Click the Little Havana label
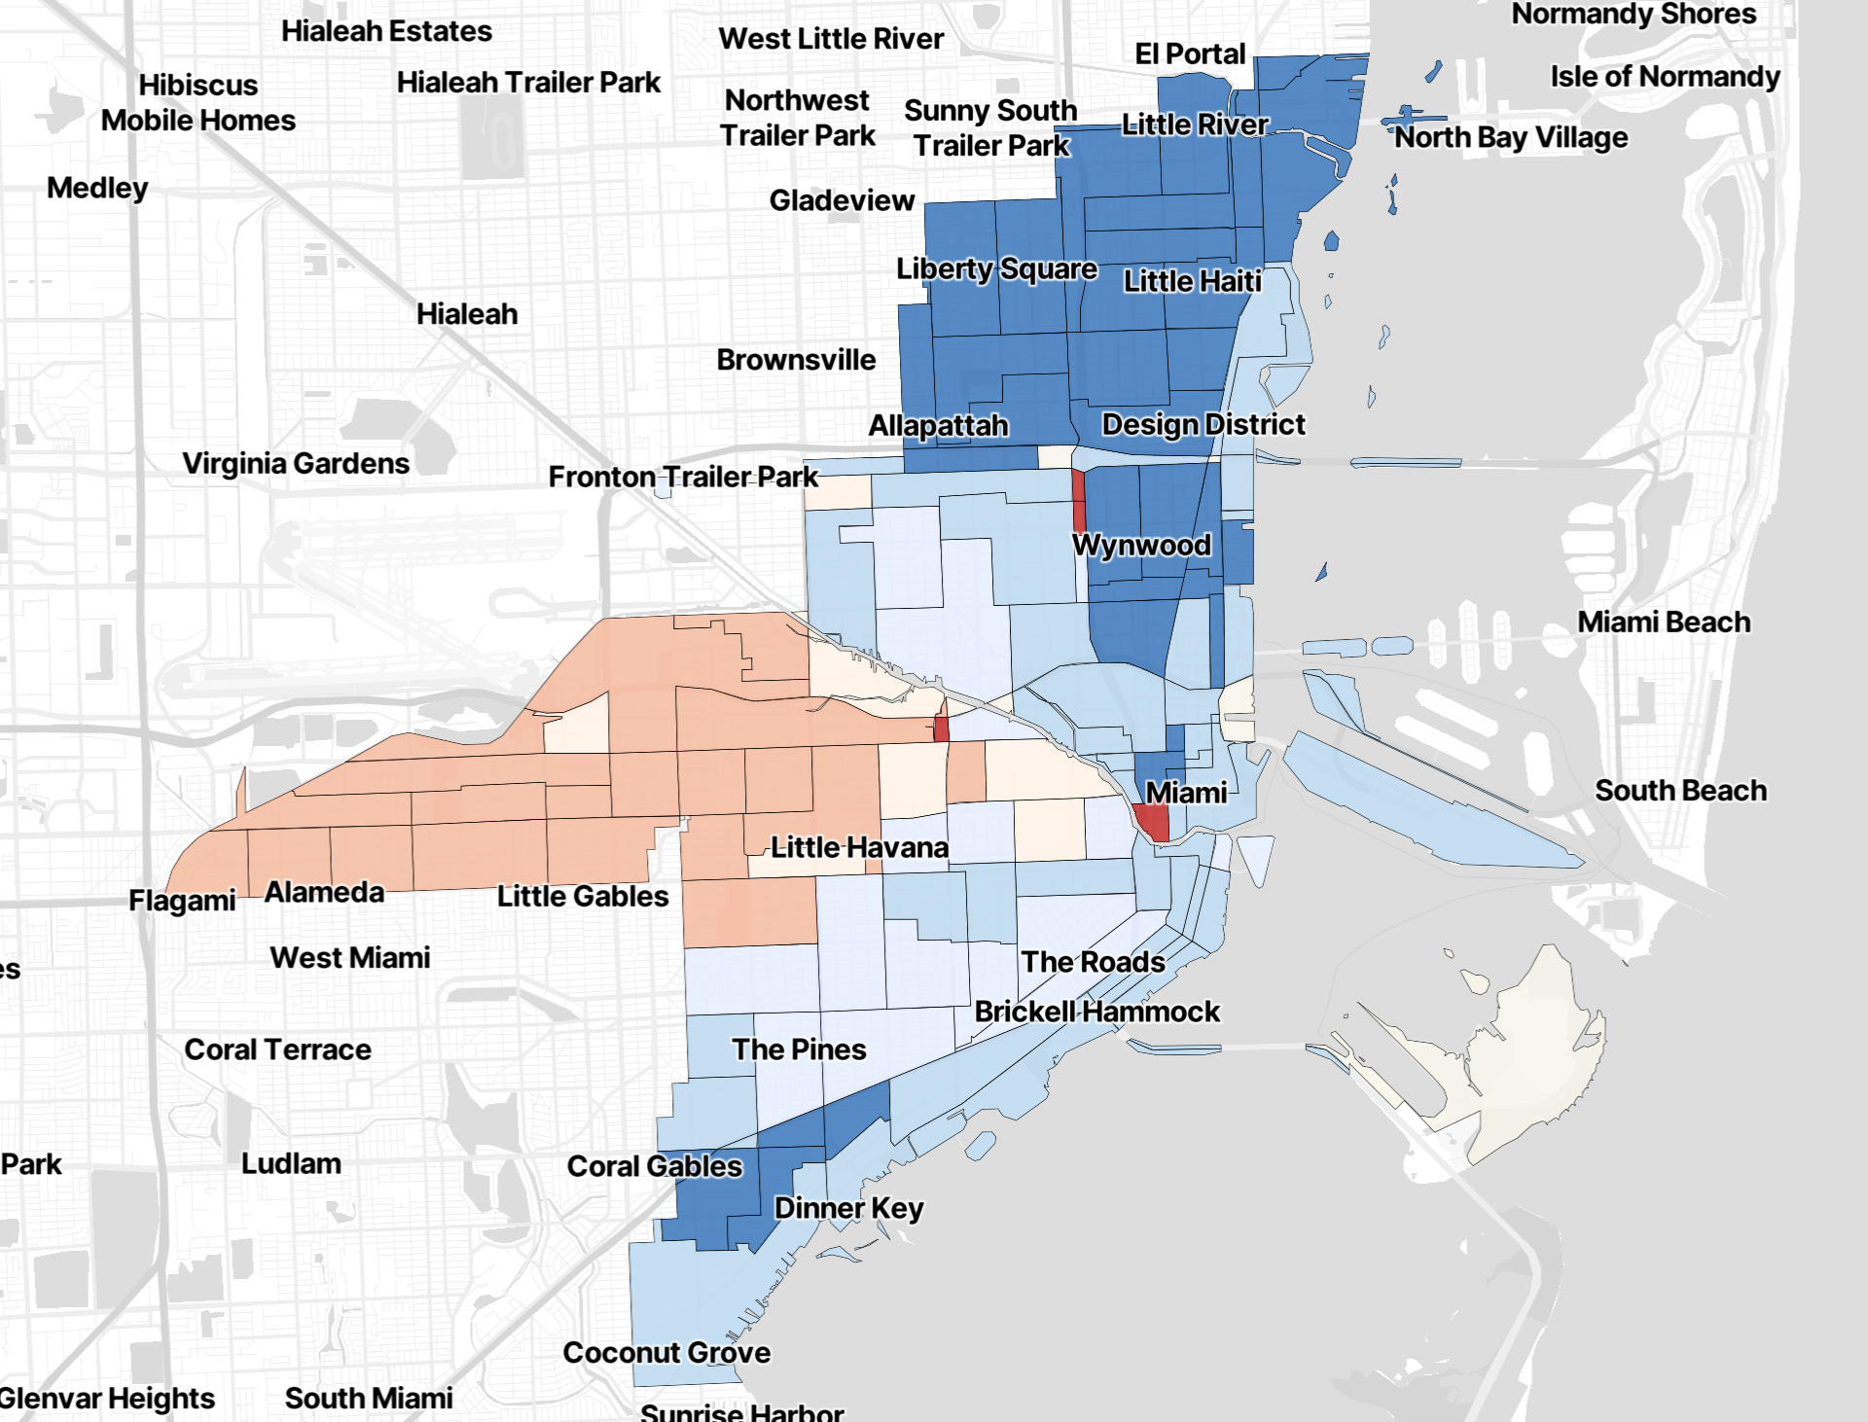click(859, 847)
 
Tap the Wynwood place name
click(1141, 545)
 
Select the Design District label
click(1203, 424)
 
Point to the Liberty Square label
click(996, 268)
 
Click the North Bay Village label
click(1511, 138)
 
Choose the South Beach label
click(1680, 791)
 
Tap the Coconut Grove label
click(666, 1352)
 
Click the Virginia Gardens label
click(296, 463)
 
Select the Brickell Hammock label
click(1096, 1012)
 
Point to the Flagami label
click(182, 901)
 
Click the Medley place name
click(97, 188)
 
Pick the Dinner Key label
click(848, 1208)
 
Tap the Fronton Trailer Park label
click(683, 477)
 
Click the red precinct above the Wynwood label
click(1078, 500)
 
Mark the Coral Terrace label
click(277, 1049)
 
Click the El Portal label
click(1190, 54)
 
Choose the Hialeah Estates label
click(386, 31)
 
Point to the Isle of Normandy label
click(1665, 76)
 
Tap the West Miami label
click(350, 958)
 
